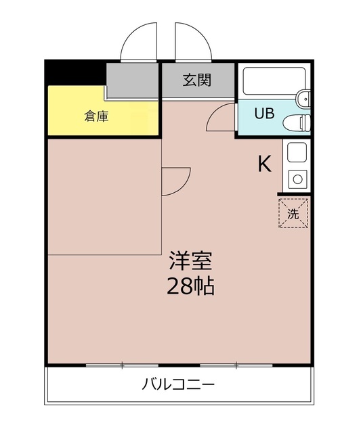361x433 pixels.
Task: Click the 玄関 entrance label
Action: (197, 80)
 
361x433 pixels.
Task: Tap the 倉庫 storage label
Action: (96, 116)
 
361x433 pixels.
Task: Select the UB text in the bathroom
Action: (263, 113)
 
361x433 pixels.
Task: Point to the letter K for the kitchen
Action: (264, 164)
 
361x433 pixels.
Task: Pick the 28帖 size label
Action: (190, 286)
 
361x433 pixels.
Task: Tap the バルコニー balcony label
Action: (178, 386)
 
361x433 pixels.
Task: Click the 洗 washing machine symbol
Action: (293, 214)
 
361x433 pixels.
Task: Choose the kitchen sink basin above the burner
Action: (297, 152)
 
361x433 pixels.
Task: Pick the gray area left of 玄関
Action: (133, 80)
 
